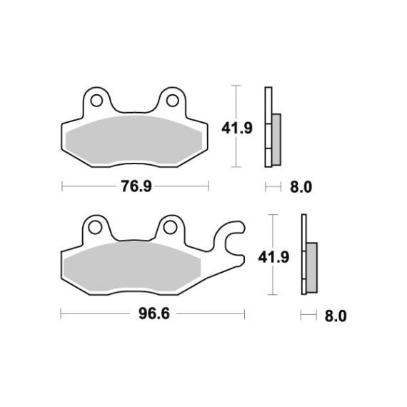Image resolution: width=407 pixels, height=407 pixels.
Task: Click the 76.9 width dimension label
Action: coord(136,186)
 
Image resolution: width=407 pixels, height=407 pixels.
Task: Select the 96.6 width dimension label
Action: coord(154,313)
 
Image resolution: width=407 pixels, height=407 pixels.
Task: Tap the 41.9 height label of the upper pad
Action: coord(237,129)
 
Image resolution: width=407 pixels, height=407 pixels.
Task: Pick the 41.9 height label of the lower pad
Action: coord(273,258)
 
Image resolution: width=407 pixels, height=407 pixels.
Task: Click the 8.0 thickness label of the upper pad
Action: coord(301,187)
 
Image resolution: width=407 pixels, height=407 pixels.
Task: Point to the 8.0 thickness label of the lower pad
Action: coord(336,316)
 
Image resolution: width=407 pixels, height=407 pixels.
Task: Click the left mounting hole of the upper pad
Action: coord(96,101)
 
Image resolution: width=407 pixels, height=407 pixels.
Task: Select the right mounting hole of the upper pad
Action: coord(172,101)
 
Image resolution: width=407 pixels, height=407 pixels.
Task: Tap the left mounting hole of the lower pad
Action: coord(95,228)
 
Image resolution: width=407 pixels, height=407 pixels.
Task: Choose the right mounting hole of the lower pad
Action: coord(170,228)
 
